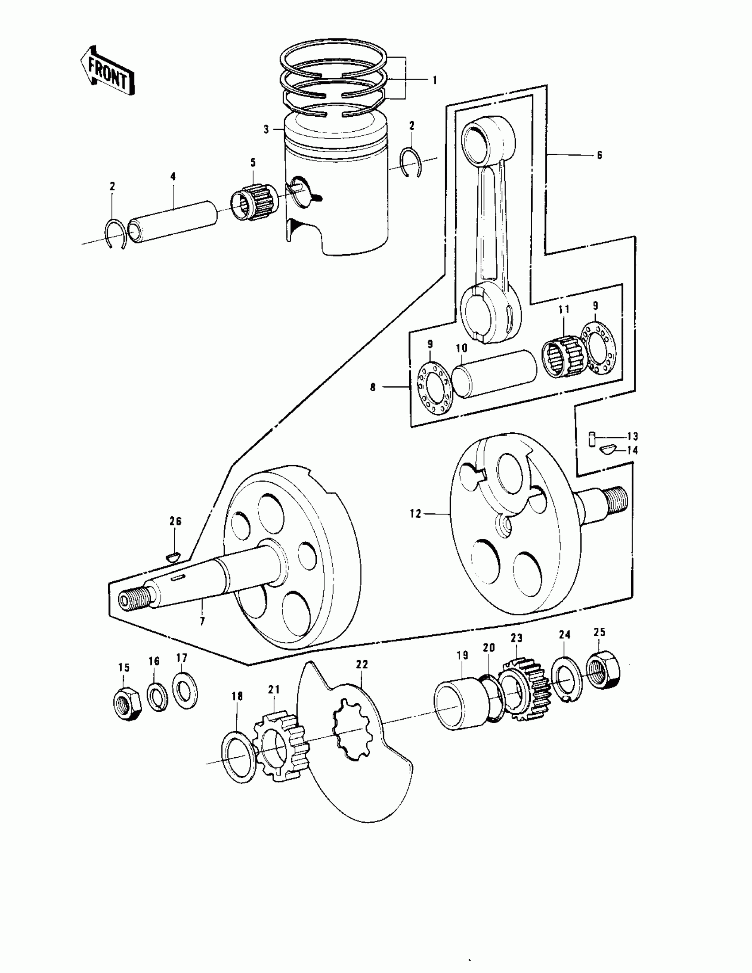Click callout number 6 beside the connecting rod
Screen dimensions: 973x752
coord(599,155)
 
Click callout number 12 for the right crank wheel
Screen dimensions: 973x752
coord(415,514)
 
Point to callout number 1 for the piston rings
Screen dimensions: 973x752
coord(434,80)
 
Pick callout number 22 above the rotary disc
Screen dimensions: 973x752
coord(362,664)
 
